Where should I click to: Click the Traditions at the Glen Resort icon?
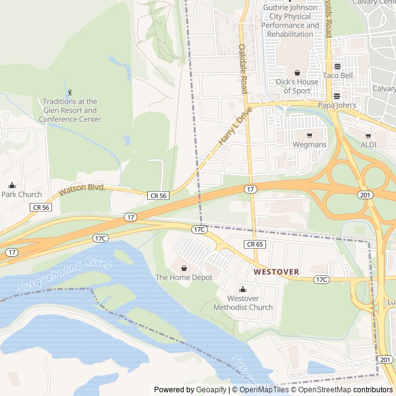click(x=70, y=92)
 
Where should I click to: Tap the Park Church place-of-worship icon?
click(x=12, y=185)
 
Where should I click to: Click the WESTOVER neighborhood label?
click(x=276, y=272)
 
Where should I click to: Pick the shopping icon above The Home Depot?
click(x=184, y=268)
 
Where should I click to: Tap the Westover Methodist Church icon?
click(x=243, y=289)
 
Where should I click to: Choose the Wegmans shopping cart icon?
click(x=309, y=136)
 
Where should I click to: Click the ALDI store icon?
click(x=368, y=136)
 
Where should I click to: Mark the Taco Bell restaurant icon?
click(x=337, y=67)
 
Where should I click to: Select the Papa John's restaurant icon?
click(x=337, y=96)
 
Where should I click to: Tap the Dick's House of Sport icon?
click(x=297, y=72)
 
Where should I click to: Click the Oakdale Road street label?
click(x=243, y=69)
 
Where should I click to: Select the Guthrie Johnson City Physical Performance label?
click(x=290, y=20)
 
